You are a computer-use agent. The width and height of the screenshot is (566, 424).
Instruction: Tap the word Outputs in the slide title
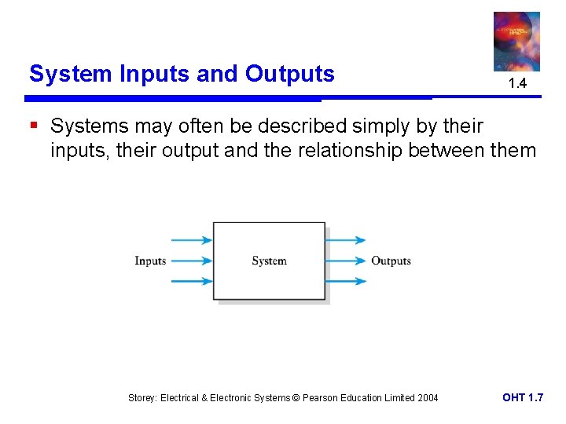point(289,74)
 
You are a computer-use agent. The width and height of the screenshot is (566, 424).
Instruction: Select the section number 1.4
point(516,83)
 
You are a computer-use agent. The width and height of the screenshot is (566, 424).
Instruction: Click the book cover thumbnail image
point(516,41)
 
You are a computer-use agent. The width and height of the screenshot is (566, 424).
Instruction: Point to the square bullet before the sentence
point(34,126)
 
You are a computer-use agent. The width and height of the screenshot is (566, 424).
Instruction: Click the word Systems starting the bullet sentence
point(86,126)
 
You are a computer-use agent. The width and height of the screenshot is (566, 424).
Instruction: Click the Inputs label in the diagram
point(150,261)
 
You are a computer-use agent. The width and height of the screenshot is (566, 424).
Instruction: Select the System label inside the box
point(269,261)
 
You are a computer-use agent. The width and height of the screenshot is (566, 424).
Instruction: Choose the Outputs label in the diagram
point(391,261)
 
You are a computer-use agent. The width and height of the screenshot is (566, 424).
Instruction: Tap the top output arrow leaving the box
point(346,240)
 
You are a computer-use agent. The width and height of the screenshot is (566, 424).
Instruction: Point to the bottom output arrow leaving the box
point(346,281)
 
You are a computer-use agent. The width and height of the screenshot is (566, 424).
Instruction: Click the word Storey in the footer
point(142,398)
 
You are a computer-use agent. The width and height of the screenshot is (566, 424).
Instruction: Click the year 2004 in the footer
point(427,398)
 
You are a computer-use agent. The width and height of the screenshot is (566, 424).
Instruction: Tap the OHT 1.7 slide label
point(522,398)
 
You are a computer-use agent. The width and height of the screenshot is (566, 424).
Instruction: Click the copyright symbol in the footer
point(296,398)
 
